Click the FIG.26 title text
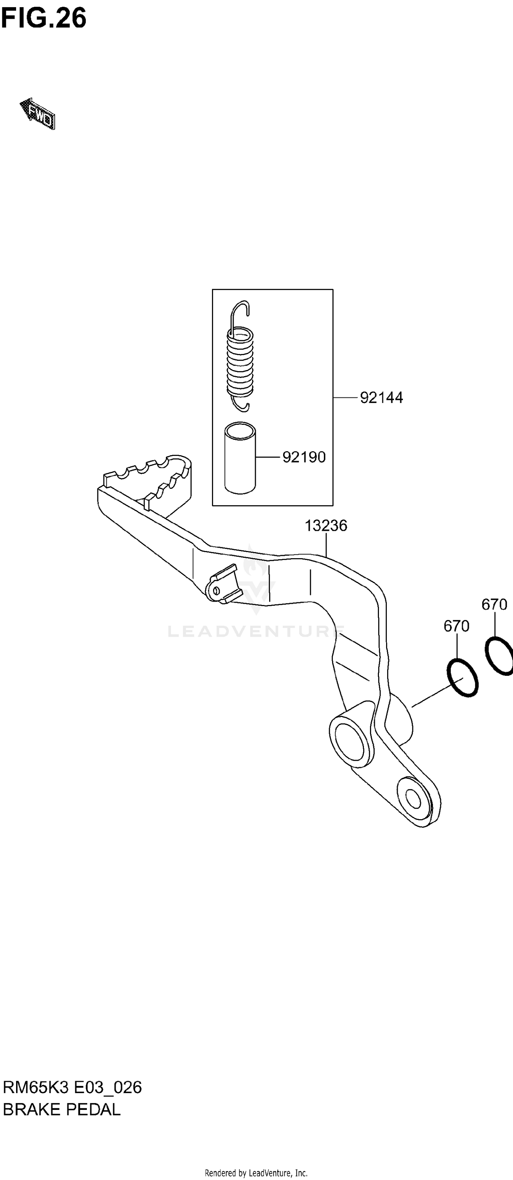pos(43,18)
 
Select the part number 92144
pos(381,397)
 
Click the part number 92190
pos(304,457)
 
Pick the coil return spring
pos(240,362)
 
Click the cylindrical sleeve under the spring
pos(240,458)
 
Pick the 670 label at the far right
pos(494,605)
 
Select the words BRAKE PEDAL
pos(62,1110)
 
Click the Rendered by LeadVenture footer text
pos(256,1173)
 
